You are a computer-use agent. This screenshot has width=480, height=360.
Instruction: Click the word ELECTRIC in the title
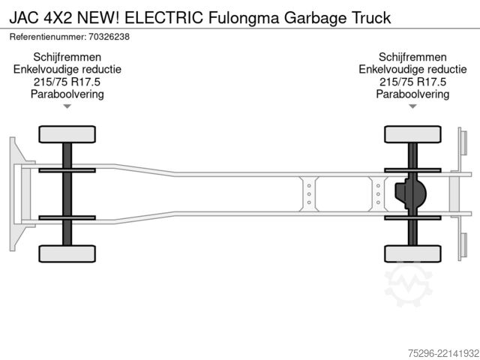tap(163, 17)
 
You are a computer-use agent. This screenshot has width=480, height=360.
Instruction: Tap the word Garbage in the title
tap(315, 18)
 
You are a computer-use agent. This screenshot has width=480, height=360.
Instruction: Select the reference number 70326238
tap(109, 37)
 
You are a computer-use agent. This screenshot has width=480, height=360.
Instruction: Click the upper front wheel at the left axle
tap(67, 134)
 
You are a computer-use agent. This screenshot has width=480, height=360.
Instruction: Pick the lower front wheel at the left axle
tap(67, 253)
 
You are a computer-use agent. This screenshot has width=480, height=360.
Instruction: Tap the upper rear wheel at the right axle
tap(412, 134)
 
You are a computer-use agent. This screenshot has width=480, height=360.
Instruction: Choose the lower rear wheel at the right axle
tap(412, 253)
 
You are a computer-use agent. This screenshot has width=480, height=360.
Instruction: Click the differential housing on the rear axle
tap(410, 193)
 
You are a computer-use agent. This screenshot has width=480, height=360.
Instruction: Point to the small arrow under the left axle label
tap(67, 106)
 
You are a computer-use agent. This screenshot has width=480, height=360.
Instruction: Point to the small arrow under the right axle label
tap(412, 106)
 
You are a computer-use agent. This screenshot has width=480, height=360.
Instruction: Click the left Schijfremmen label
tap(67, 57)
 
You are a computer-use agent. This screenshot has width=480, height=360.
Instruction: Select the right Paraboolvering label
tap(412, 94)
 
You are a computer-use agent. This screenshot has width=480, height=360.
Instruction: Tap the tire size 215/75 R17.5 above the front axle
tap(67, 82)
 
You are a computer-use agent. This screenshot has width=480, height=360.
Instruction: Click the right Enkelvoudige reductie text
tap(412, 70)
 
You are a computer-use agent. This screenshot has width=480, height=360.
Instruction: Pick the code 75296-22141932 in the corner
tap(443, 353)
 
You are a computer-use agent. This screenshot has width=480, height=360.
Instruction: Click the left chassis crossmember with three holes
tap(309, 194)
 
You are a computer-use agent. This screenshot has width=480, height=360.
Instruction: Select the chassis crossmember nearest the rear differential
tap(378, 194)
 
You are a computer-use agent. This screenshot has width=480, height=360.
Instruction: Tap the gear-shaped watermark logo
tap(409, 285)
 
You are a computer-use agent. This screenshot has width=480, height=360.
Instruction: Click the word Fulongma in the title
tap(244, 18)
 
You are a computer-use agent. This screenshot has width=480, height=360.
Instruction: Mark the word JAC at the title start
tap(24, 18)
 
